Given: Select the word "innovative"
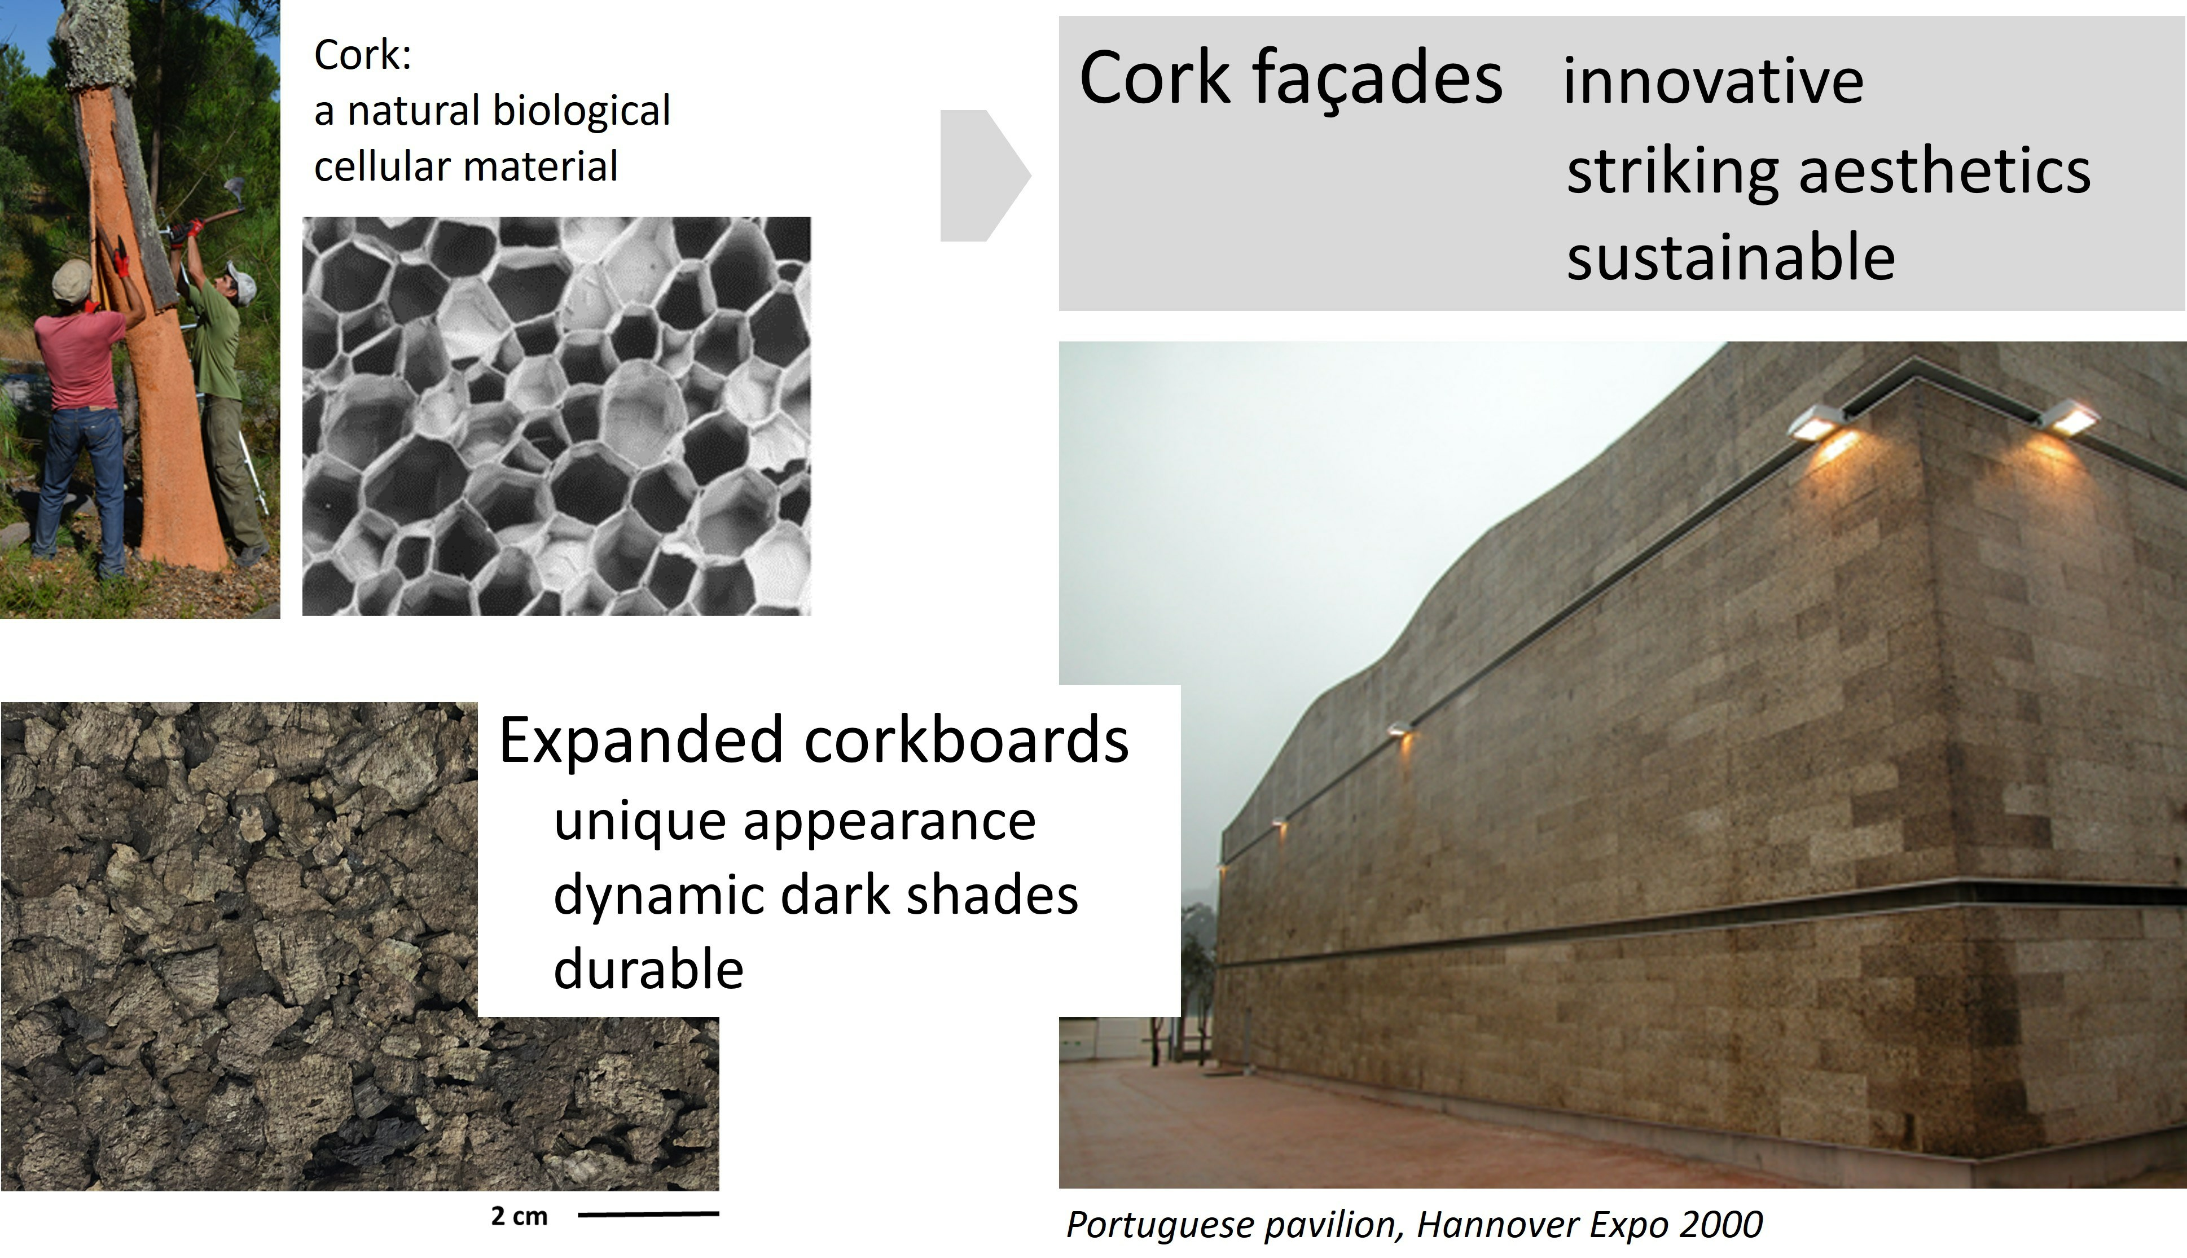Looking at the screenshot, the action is coord(1714,81).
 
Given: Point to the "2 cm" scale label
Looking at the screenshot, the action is coord(519,1217).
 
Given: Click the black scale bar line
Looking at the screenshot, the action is coord(648,1215).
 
